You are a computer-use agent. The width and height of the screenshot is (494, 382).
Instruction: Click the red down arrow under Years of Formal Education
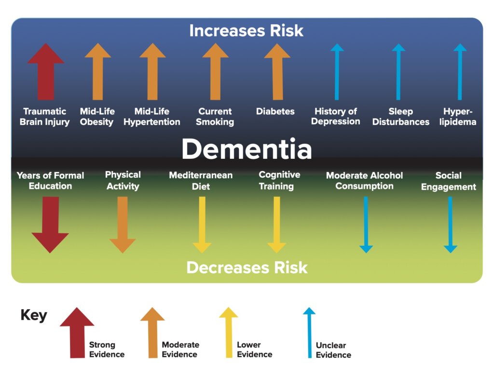pos(50,225)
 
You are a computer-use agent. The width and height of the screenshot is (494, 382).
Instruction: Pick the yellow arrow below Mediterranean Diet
pos(202,225)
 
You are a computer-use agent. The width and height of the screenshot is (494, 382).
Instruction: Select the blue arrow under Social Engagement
pos(450,225)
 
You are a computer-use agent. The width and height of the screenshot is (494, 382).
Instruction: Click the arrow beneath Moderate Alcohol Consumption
pos(366,225)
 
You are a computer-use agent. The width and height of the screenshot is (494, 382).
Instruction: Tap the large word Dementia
pos(247,149)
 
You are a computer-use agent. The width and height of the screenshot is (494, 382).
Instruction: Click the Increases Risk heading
pos(247,30)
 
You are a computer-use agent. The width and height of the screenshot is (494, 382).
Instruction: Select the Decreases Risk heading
pos(247,267)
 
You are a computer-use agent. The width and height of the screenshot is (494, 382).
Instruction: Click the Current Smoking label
pos(215,116)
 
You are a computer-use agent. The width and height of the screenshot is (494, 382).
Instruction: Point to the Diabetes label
pos(275,111)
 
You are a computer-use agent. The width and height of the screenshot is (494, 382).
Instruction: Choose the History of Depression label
pos(335,116)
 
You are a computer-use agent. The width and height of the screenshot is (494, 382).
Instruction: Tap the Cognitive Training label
pos(276,180)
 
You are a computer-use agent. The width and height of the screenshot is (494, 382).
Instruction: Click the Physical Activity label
pos(123,180)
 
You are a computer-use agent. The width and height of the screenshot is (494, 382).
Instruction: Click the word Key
pos(34,315)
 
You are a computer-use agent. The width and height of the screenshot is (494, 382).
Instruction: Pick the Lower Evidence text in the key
pos(254,349)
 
